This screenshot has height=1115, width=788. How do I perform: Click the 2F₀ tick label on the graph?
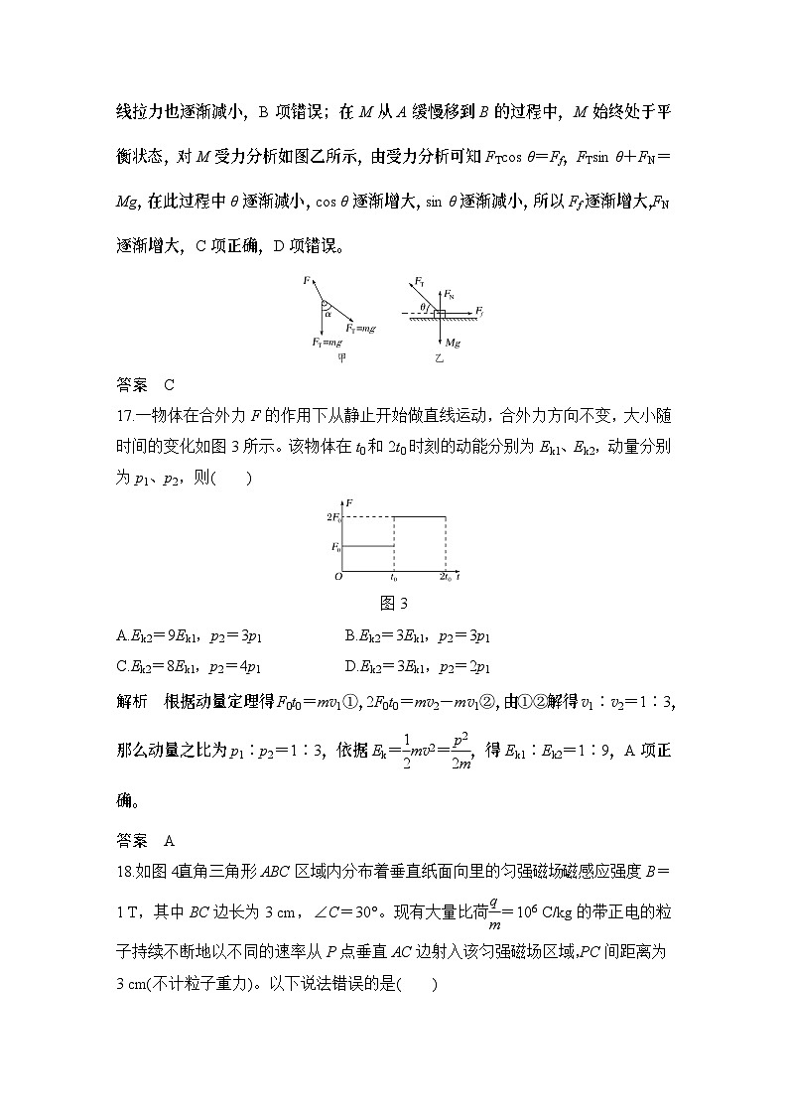pyautogui.click(x=334, y=518)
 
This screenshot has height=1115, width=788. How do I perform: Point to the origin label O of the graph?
pyautogui.click(x=337, y=577)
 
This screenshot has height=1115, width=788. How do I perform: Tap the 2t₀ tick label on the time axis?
pyautogui.click(x=446, y=577)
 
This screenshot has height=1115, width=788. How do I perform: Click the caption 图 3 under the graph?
pyautogui.click(x=393, y=603)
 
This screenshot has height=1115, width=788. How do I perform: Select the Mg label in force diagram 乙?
pyautogui.click(x=453, y=343)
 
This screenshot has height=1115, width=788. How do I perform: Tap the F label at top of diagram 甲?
pyautogui.click(x=307, y=282)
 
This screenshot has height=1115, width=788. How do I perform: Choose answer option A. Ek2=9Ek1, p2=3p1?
pyautogui.click(x=189, y=636)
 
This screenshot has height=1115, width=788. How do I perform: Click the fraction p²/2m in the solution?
pyautogui.click(x=457, y=752)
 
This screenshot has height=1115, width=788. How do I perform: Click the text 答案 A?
pyautogui.click(x=145, y=840)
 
